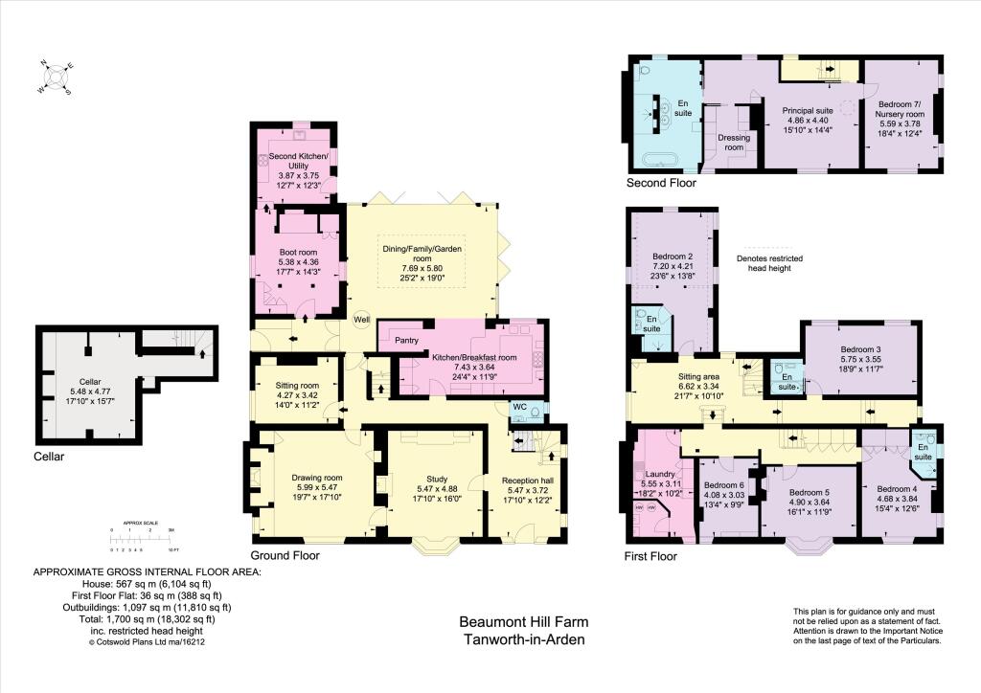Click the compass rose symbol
(x=56, y=78)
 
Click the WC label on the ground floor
(x=518, y=406)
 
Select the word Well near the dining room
(x=361, y=320)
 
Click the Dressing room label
(x=733, y=143)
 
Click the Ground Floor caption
(x=285, y=555)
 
